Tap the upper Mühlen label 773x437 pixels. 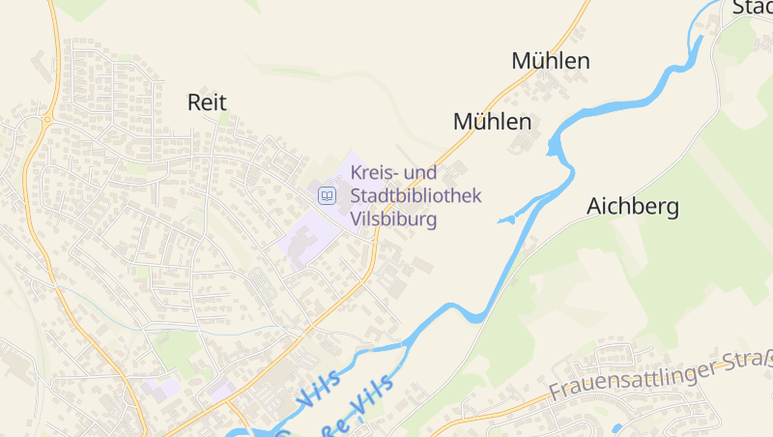[551, 61]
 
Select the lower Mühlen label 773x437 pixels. [493, 122]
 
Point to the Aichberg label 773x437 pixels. [633, 206]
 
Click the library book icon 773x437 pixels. [328, 196]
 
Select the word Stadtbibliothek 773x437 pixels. [415, 196]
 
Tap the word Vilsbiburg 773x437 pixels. [394, 219]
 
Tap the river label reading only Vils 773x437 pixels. [319, 388]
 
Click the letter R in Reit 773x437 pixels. [194, 101]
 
